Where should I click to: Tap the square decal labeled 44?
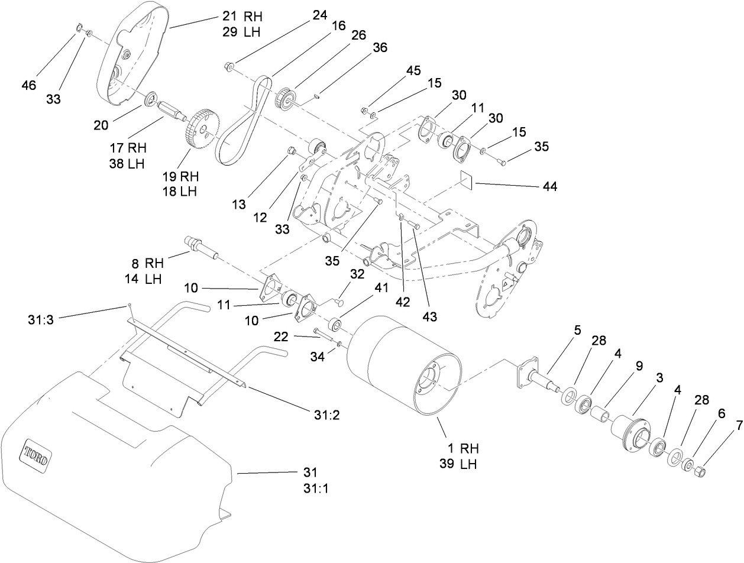[468, 180]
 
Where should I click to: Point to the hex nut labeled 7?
[699, 471]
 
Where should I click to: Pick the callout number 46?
[28, 85]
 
